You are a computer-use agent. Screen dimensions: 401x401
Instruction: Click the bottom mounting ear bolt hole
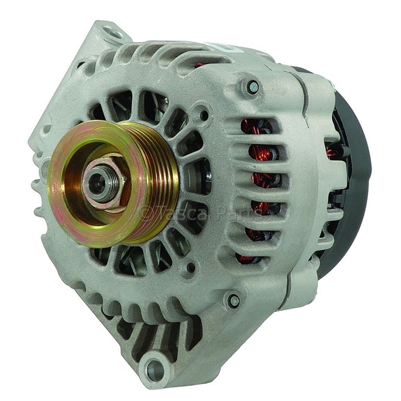click(x=155, y=368)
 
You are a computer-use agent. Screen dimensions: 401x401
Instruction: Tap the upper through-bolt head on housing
click(x=253, y=85)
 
